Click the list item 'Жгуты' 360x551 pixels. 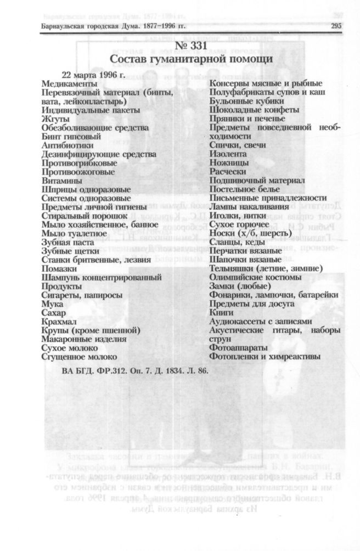point(54,119)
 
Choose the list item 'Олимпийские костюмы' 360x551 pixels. point(255,277)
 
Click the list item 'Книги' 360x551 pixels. point(222,312)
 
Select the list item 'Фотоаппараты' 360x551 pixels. point(238,347)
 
